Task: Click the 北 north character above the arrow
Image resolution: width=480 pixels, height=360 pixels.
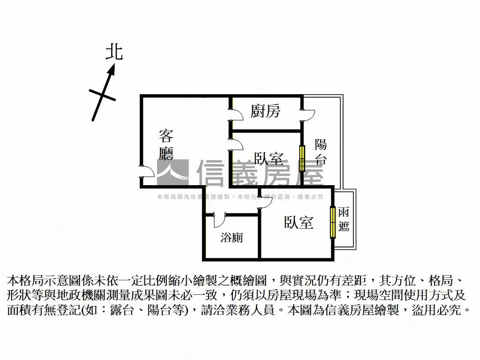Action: click(x=114, y=52)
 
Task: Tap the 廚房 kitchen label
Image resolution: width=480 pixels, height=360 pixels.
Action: click(x=265, y=111)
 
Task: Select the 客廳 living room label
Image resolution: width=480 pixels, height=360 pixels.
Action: click(x=166, y=144)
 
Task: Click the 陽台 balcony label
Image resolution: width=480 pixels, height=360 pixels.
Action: click(x=321, y=151)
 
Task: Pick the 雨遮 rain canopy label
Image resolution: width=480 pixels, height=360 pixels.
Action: click(x=344, y=219)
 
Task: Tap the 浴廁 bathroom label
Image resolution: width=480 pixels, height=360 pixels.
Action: click(x=232, y=238)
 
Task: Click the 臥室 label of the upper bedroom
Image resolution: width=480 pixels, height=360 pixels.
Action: click(x=269, y=159)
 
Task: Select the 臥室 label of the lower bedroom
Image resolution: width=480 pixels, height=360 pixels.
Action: click(x=299, y=223)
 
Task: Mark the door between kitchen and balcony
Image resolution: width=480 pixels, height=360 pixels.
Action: click(x=308, y=114)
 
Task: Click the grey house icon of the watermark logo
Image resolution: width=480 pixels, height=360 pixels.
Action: click(x=172, y=172)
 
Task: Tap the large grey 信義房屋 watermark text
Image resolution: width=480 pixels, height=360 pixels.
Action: click(x=260, y=172)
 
